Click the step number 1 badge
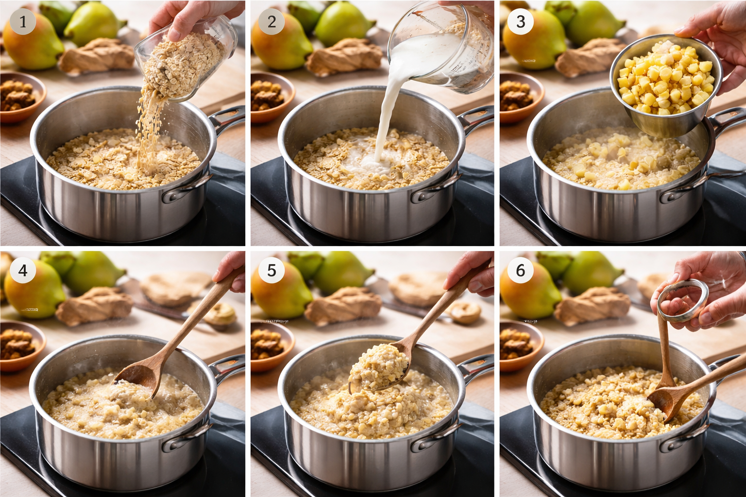point(22,22)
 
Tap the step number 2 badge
point(271,22)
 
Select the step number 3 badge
point(521,22)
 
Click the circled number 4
point(22,270)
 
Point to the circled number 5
point(271,270)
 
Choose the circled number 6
point(521,270)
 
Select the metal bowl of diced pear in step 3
point(665,87)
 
